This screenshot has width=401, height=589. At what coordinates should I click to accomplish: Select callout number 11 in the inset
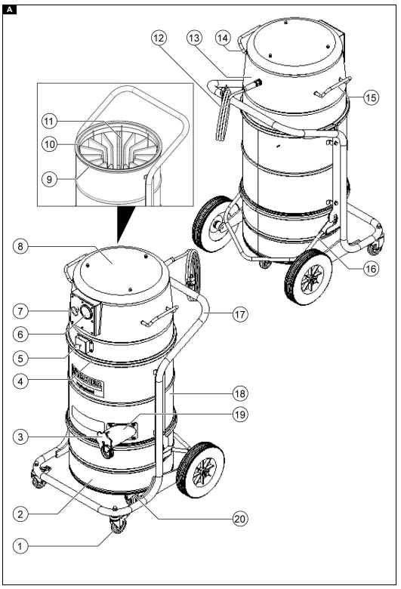pyautogui.click(x=50, y=121)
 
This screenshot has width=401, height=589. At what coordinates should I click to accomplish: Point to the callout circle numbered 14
pyautogui.click(x=222, y=36)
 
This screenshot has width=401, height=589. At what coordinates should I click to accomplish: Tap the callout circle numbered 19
pyautogui.click(x=240, y=414)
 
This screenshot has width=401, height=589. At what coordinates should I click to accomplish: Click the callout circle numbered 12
pyautogui.click(x=158, y=36)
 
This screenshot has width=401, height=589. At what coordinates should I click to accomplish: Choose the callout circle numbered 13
pyautogui.click(x=193, y=36)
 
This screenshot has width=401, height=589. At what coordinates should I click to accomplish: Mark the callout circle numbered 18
pyautogui.click(x=240, y=393)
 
